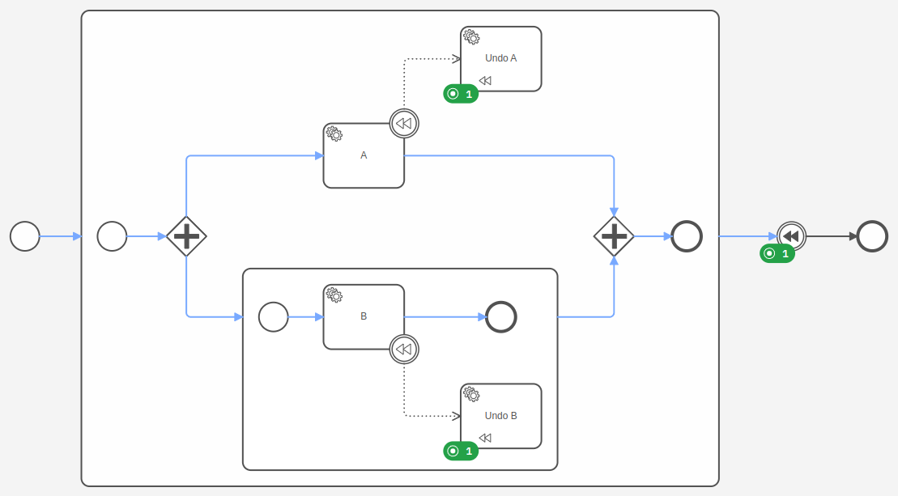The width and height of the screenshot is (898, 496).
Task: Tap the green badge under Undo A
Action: (x=461, y=94)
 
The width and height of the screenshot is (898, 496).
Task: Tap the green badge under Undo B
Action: (x=461, y=451)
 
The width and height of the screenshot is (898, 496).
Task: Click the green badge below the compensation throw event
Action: (x=777, y=253)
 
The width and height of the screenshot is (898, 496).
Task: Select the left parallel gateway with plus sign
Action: (x=186, y=236)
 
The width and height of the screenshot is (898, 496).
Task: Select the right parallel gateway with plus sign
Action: (x=614, y=236)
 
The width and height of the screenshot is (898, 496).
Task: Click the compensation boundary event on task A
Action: (x=404, y=124)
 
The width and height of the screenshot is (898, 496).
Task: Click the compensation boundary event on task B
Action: (x=404, y=350)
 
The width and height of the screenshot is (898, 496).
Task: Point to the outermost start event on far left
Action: (x=25, y=236)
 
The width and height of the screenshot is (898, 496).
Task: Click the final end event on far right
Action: (x=872, y=236)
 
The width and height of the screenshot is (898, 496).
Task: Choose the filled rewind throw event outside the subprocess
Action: (x=791, y=236)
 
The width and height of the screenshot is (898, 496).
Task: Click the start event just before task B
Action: (x=274, y=316)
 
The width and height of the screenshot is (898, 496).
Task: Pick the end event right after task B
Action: (x=501, y=316)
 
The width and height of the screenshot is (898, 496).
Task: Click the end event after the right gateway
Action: (x=687, y=236)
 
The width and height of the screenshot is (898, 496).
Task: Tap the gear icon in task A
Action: (x=334, y=134)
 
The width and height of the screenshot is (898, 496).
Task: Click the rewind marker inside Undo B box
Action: (x=485, y=438)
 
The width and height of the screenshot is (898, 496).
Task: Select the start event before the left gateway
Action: (x=112, y=236)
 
